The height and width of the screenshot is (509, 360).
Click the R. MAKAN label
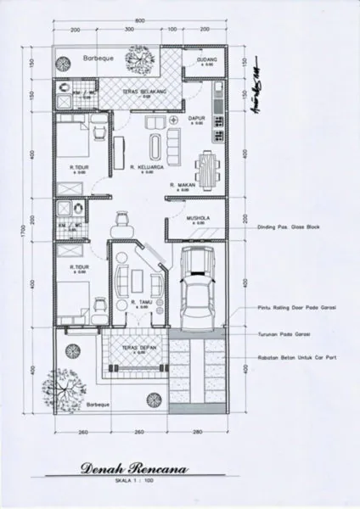pos(184,184)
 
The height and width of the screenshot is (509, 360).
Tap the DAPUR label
pos(197,120)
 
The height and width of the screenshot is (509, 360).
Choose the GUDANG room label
pos(208,61)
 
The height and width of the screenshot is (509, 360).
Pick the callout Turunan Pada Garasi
pos(286,335)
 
